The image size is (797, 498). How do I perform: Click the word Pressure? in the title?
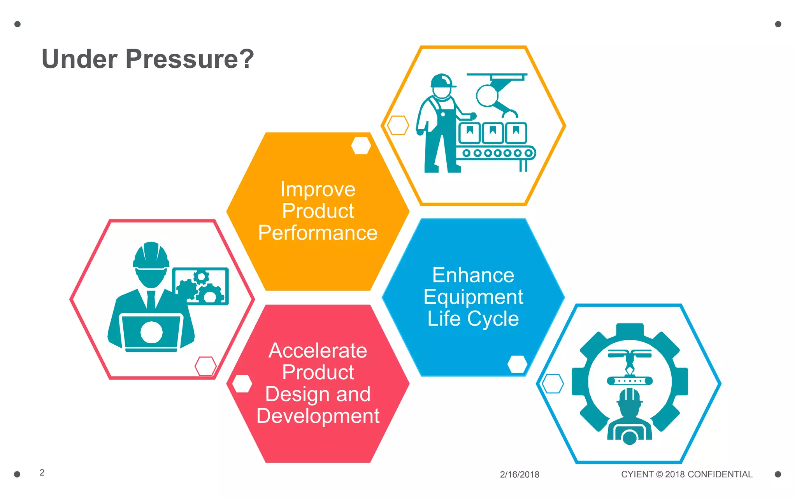pos(190,59)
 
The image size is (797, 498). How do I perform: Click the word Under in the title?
pos(79,59)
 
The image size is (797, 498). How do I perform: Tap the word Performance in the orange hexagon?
pos(318,233)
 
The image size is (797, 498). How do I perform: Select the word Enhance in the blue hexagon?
pos(473,275)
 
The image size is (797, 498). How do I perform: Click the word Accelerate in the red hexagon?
pos(318,351)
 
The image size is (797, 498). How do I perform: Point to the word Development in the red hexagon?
pos(318,416)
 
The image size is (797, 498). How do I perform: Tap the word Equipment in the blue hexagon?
pos(473,297)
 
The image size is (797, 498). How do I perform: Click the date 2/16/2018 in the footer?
pos(520,475)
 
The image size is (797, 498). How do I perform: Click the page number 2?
pos(42,473)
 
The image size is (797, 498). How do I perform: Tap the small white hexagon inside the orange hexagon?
pos(361,146)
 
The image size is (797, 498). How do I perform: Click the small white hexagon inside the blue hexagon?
pos(518,364)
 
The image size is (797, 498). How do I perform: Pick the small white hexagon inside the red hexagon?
pos(242,384)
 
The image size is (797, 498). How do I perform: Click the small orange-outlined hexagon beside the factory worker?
pos(398,125)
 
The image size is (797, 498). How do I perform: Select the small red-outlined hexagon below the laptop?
pos(205,366)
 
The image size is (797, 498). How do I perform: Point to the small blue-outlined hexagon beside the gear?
pos(553,384)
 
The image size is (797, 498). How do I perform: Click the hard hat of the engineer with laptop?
pos(151,255)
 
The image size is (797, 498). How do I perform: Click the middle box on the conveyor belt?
pos(493,132)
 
